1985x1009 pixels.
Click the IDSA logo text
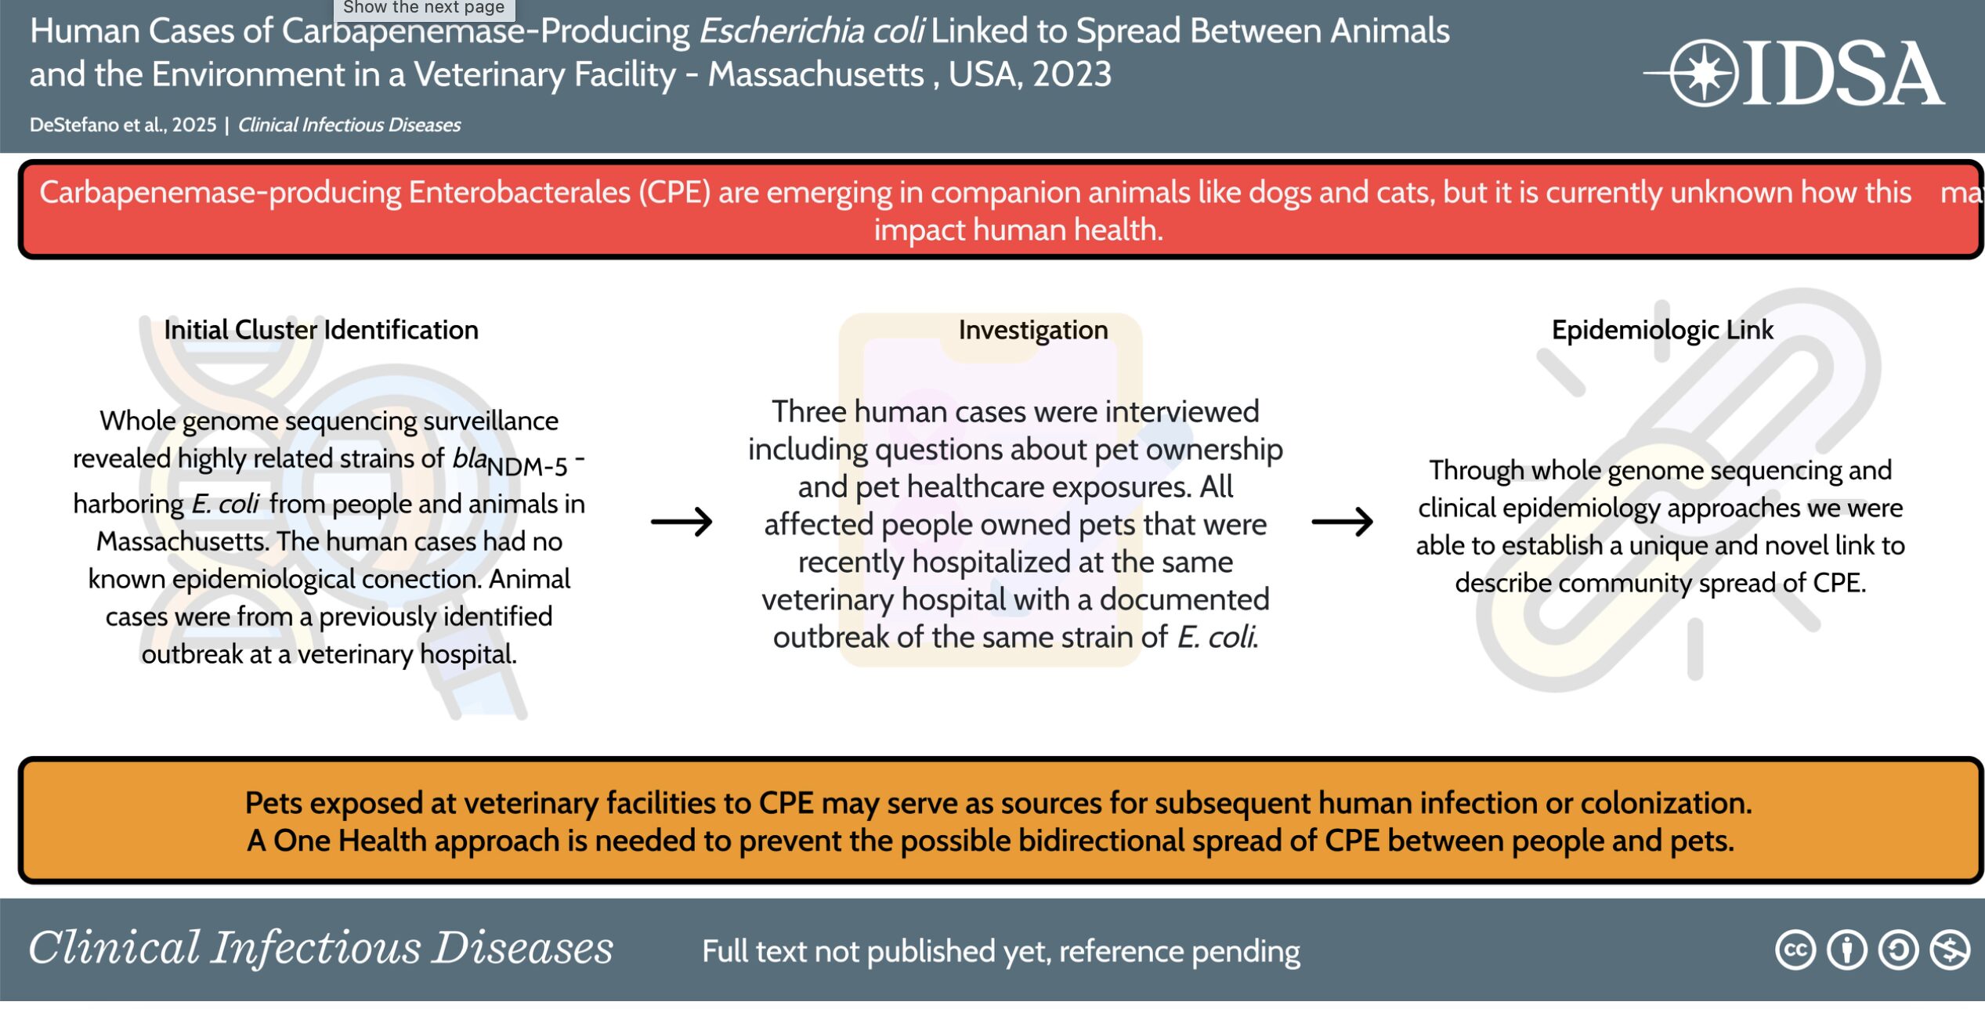point(1842,74)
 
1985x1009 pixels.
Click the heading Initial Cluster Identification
point(321,330)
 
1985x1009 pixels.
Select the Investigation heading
point(1033,330)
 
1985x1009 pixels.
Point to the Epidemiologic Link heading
point(1662,330)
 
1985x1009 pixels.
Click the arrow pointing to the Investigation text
point(682,522)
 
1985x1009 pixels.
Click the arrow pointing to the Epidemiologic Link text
point(1342,522)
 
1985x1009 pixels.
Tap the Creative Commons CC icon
point(1795,950)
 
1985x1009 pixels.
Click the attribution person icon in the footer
point(1846,950)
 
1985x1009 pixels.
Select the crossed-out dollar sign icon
point(1950,950)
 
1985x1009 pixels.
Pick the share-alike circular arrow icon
point(1898,950)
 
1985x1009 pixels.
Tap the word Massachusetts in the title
point(815,74)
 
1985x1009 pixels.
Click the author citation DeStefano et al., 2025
point(123,125)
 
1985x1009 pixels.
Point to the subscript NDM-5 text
point(526,467)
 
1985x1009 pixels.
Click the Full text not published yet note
point(1000,951)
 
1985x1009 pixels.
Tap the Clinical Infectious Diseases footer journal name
point(320,948)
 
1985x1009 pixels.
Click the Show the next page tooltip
point(424,9)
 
